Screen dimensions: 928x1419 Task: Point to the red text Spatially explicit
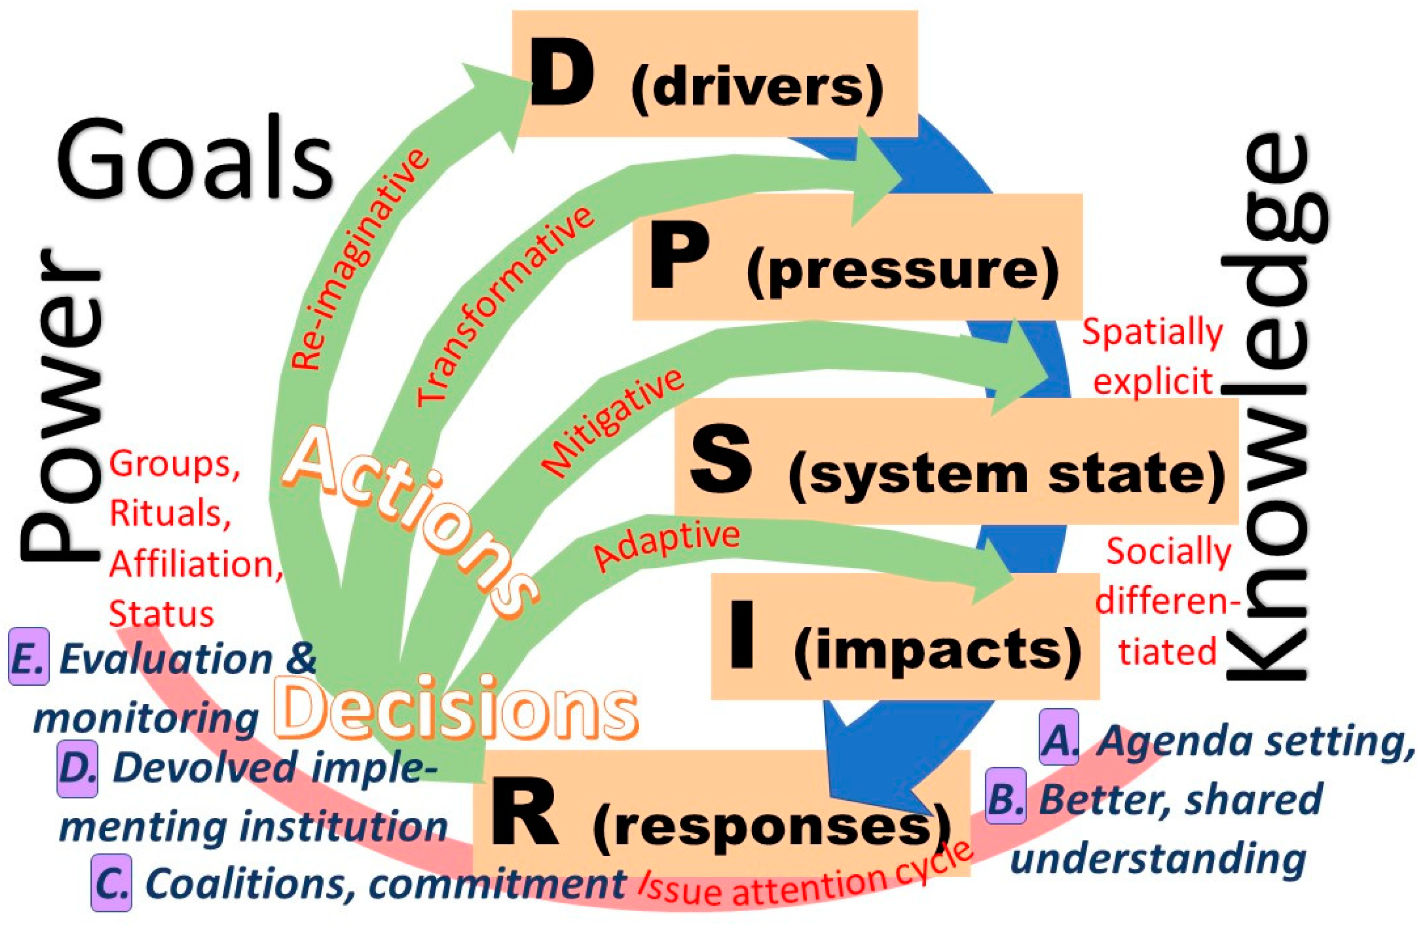[x=1152, y=357]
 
